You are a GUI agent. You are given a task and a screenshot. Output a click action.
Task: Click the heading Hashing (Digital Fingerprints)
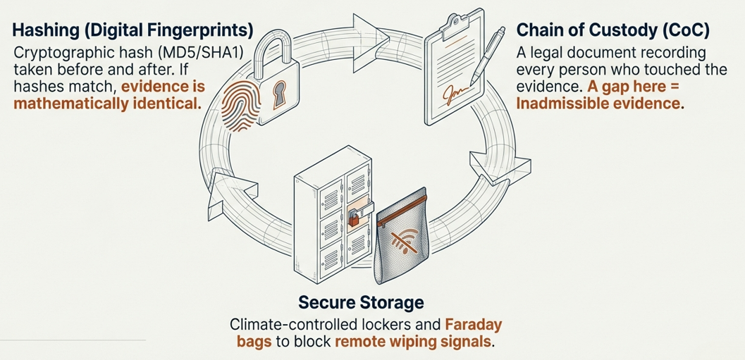133,30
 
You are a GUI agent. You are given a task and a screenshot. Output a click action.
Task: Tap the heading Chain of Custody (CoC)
612,30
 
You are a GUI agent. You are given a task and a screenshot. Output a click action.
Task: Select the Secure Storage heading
361,303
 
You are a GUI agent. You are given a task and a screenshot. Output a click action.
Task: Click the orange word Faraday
474,325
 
